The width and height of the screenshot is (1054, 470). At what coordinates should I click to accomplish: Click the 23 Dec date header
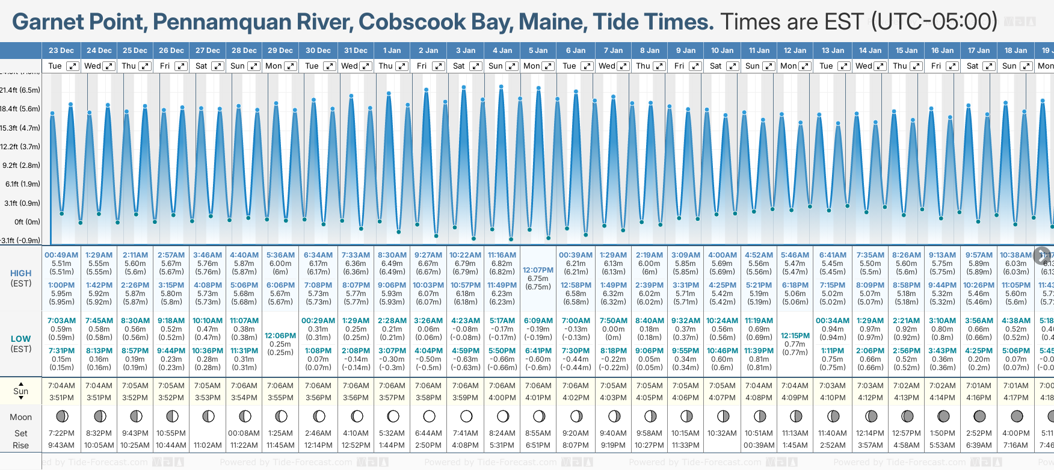(x=61, y=51)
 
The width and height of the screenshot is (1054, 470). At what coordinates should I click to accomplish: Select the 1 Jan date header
(x=392, y=51)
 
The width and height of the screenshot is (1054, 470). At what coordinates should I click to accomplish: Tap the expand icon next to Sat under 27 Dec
(x=218, y=66)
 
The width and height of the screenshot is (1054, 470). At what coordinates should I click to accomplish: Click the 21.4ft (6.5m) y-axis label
(x=20, y=90)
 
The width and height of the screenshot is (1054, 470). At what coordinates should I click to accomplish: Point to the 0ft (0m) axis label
(x=27, y=221)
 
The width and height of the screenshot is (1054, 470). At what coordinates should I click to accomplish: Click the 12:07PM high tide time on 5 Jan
(x=538, y=270)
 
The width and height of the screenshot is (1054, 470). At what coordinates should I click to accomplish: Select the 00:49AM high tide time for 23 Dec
(x=61, y=255)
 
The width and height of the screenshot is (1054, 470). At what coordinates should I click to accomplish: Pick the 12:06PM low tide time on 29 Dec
(x=280, y=336)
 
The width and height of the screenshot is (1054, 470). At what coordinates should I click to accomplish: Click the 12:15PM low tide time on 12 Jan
(x=795, y=336)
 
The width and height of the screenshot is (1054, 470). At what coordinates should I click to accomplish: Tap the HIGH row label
(x=20, y=273)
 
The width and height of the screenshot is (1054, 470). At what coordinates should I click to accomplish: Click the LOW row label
(x=20, y=339)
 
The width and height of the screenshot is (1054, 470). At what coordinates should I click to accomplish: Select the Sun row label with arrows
(x=20, y=391)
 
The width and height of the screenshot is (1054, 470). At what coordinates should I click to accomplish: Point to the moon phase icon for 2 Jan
(x=429, y=416)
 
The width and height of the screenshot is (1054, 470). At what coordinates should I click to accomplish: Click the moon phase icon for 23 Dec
(x=61, y=416)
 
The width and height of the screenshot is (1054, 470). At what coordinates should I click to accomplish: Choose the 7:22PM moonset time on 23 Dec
(x=61, y=433)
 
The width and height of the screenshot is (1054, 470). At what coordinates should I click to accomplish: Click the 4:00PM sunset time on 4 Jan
(x=502, y=398)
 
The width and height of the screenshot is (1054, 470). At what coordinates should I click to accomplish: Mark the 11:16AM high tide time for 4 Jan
(x=502, y=255)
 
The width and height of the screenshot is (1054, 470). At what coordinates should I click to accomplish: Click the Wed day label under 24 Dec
(x=93, y=66)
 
